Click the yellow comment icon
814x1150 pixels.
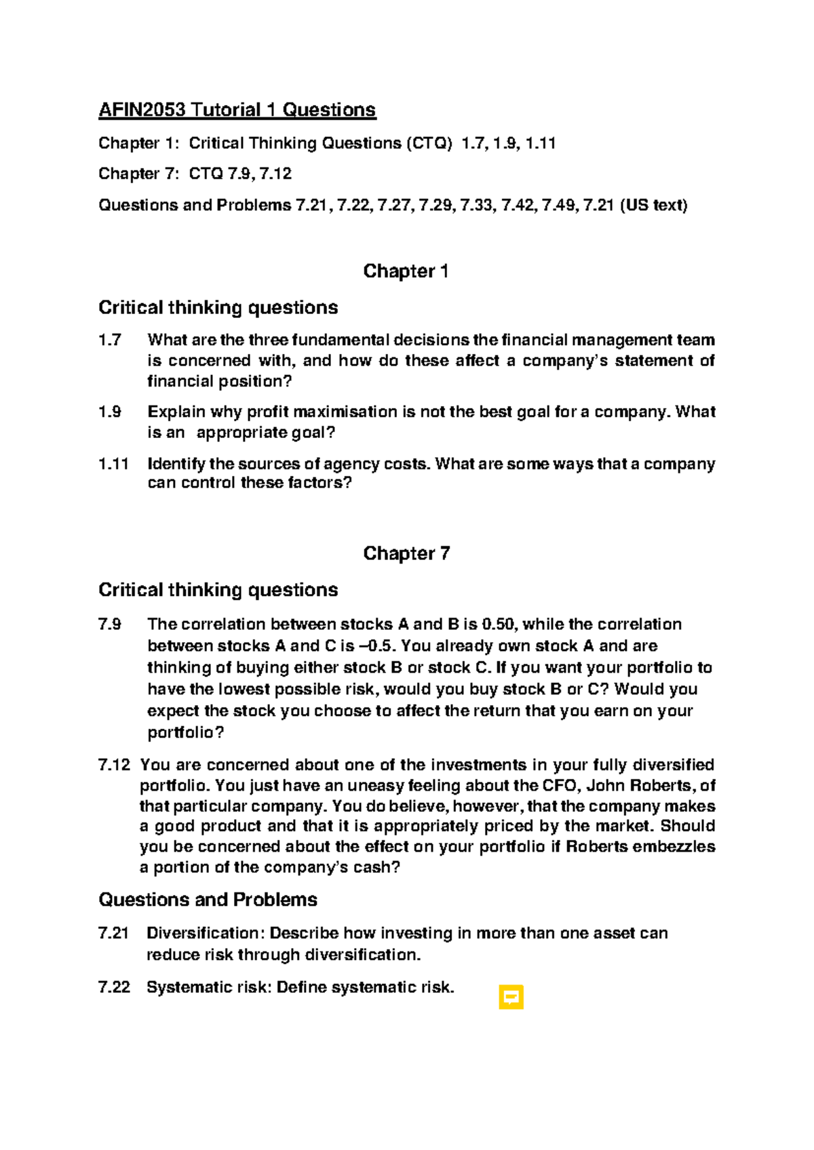[x=511, y=997]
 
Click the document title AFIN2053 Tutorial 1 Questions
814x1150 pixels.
[x=237, y=110]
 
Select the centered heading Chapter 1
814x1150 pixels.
[x=406, y=271]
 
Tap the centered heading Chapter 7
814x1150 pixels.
[x=406, y=553]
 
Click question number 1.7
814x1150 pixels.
[x=110, y=340]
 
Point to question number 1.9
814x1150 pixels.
[x=110, y=412]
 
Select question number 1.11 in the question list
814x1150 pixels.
[x=113, y=464]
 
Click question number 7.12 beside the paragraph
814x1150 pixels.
[x=114, y=765]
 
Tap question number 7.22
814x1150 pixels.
[x=114, y=987]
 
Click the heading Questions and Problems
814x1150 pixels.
[x=208, y=900]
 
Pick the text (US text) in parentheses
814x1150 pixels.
[x=653, y=205]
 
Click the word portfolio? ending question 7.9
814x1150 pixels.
[x=185, y=733]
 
